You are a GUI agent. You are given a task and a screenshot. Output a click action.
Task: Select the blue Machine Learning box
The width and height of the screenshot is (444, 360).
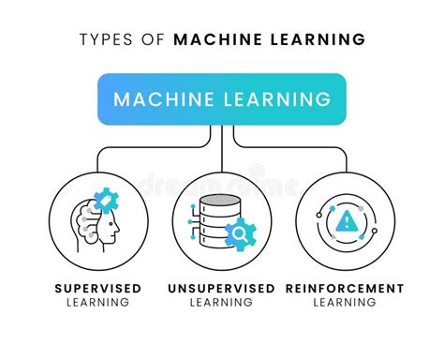click(x=221, y=99)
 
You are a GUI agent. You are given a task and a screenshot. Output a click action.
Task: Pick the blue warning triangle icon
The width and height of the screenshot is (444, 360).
click(x=346, y=221)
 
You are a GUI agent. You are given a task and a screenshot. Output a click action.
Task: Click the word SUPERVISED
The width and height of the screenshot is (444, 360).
click(x=99, y=288)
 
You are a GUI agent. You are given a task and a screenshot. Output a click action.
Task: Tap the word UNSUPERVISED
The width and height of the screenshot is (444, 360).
click(x=221, y=288)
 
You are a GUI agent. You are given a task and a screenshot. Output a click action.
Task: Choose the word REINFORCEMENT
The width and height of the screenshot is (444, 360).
click(x=346, y=288)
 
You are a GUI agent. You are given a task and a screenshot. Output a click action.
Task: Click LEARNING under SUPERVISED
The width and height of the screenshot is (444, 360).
click(x=99, y=303)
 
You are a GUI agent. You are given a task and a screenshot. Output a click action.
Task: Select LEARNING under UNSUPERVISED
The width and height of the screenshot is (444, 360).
click(x=221, y=303)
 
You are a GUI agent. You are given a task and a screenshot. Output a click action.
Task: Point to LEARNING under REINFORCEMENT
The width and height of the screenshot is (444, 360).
click(x=346, y=303)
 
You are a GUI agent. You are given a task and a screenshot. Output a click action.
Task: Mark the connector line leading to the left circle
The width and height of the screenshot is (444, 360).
click(x=141, y=147)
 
